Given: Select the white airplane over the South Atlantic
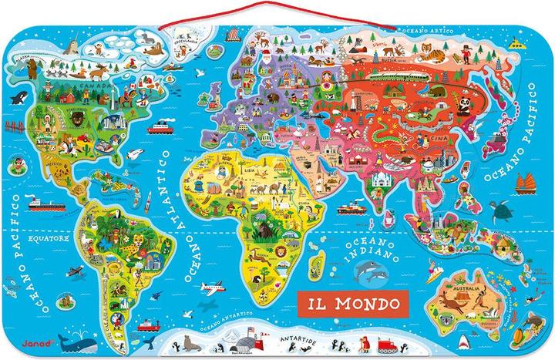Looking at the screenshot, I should pos(212,288).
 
